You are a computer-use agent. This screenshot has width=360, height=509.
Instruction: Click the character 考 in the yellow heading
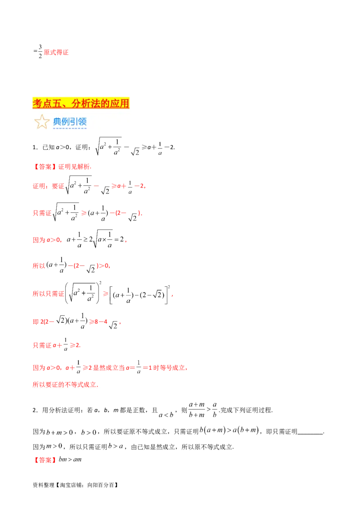coord(37,103)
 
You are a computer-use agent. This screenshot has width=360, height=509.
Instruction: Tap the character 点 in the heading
coord(47,103)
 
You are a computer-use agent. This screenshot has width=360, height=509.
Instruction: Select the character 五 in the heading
coord(57,103)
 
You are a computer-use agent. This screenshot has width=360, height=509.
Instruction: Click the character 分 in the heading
coord(76,103)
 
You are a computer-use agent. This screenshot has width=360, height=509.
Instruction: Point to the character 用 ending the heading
coord(125,103)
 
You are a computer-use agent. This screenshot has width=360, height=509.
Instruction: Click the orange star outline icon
coord(42,121)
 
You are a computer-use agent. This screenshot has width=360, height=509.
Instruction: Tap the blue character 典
coord(57,121)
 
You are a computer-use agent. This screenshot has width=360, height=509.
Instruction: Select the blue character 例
coord(66,121)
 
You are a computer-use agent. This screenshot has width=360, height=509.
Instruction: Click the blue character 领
coord(82,121)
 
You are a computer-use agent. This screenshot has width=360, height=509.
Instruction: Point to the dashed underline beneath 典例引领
coord(70,128)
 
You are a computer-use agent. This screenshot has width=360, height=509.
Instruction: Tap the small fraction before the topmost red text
coord(39,53)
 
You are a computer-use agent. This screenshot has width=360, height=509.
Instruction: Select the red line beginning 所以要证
coord(65,384)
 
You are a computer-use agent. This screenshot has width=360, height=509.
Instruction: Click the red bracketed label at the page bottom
coord(45,460)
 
